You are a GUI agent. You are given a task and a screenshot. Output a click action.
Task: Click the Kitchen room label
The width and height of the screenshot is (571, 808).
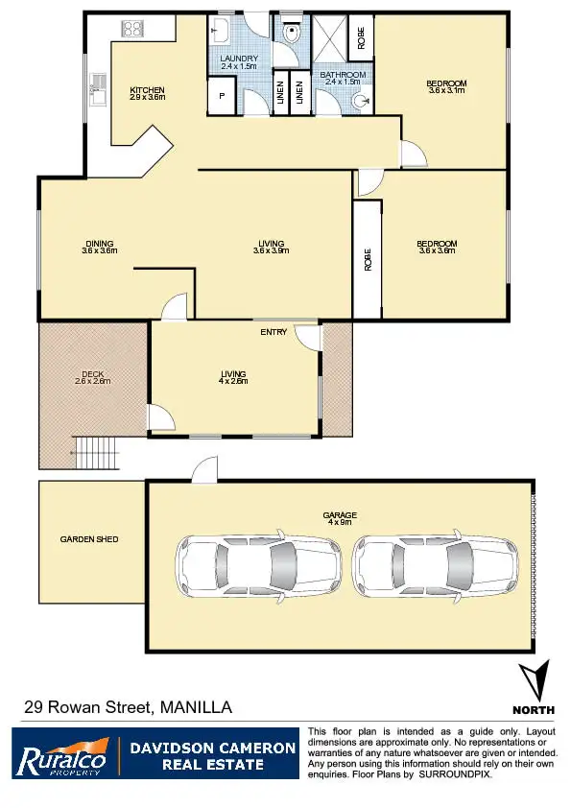coord(148,93)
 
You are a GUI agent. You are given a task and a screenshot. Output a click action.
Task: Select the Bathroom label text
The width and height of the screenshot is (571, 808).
coord(343,78)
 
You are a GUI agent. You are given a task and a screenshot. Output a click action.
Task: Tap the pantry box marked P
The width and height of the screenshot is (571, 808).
coord(221,97)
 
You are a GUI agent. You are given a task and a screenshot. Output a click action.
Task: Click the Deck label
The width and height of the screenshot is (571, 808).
coord(92,377)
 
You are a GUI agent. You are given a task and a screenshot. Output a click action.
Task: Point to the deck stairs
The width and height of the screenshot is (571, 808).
coord(98,450)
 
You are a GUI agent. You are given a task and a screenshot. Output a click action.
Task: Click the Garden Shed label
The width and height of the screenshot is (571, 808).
coord(89,539)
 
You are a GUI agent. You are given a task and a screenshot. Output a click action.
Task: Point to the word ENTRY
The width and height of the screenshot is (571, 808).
coord(274,332)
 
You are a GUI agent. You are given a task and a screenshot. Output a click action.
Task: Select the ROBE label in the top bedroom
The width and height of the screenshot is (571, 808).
coord(361,37)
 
